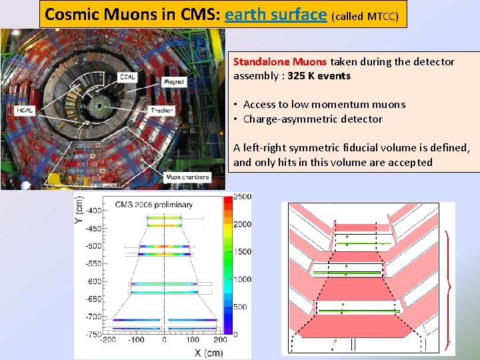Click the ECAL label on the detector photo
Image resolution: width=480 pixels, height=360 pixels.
(128, 77)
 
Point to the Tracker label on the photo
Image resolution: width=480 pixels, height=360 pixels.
(162, 110)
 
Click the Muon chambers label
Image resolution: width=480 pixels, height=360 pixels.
(187, 177)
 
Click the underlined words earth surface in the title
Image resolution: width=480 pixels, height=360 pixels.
(276, 14)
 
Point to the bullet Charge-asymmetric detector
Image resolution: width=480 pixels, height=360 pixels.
(313, 119)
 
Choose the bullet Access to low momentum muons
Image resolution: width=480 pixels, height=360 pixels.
(324, 104)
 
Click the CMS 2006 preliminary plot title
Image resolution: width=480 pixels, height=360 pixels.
(154, 204)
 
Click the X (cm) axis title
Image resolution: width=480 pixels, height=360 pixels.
(204, 352)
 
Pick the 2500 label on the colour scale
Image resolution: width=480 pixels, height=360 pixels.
(243, 196)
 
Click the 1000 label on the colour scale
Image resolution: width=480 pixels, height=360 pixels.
(243, 279)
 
